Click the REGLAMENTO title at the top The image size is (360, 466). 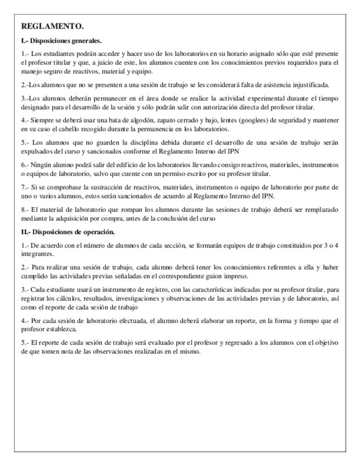click(x=52, y=26)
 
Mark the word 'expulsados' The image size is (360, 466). click(x=37, y=151)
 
